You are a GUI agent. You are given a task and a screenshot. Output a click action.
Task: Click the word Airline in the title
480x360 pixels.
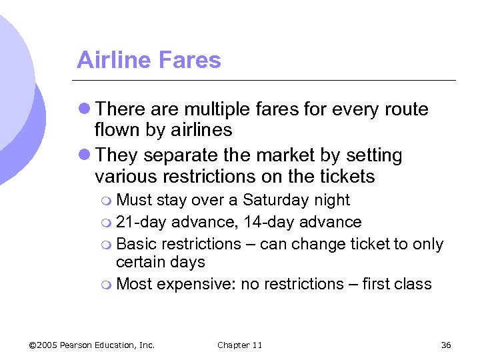pyautogui.click(x=111, y=60)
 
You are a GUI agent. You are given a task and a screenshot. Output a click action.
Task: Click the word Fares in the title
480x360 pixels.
pyautogui.click(x=187, y=60)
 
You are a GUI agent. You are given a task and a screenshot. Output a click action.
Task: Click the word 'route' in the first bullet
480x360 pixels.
pyautogui.click(x=404, y=109)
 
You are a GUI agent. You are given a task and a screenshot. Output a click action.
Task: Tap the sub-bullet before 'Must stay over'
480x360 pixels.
pyautogui.click(x=108, y=201)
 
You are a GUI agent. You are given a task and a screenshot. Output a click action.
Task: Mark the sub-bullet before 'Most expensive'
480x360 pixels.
pyautogui.click(x=108, y=285)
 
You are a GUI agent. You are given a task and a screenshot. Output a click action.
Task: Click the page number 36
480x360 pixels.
pyautogui.click(x=446, y=345)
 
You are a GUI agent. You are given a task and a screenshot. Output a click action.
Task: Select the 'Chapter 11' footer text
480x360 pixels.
pyautogui.click(x=239, y=345)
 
